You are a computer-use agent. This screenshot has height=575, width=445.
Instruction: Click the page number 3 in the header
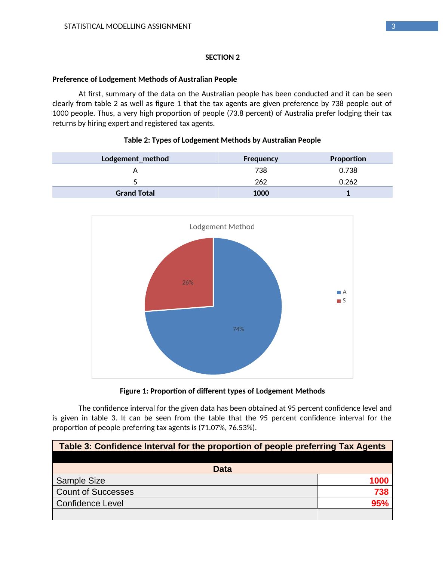tap(393, 26)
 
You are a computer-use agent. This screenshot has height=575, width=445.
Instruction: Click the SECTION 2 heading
tap(222, 57)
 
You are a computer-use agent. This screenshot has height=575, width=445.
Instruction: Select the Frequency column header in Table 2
tap(261, 159)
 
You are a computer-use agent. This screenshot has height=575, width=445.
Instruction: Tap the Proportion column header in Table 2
tap(348, 159)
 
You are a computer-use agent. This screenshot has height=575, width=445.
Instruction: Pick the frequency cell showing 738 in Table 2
tap(261, 171)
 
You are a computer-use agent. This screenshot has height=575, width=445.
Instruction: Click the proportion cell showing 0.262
tap(348, 182)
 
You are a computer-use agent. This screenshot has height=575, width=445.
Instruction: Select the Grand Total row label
tap(135, 193)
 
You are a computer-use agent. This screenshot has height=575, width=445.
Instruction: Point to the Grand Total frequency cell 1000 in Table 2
tap(261, 193)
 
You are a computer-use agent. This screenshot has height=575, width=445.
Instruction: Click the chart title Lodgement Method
tap(222, 227)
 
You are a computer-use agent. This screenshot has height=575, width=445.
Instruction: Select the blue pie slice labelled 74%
tap(232, 336)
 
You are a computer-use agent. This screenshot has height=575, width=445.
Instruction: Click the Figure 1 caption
tap(222, 391)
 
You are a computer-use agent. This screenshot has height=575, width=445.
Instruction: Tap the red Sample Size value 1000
tap(379, 481)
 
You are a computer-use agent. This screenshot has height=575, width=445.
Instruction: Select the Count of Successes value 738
tap(381, 492)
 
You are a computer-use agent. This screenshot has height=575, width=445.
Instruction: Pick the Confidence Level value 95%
tap(380, 503)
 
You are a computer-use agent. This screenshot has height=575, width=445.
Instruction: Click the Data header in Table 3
tap(222, 469)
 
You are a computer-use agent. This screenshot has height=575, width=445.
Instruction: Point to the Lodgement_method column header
tap(135, 159)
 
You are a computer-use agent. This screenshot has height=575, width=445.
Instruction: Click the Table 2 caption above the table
tap(222, 140)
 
